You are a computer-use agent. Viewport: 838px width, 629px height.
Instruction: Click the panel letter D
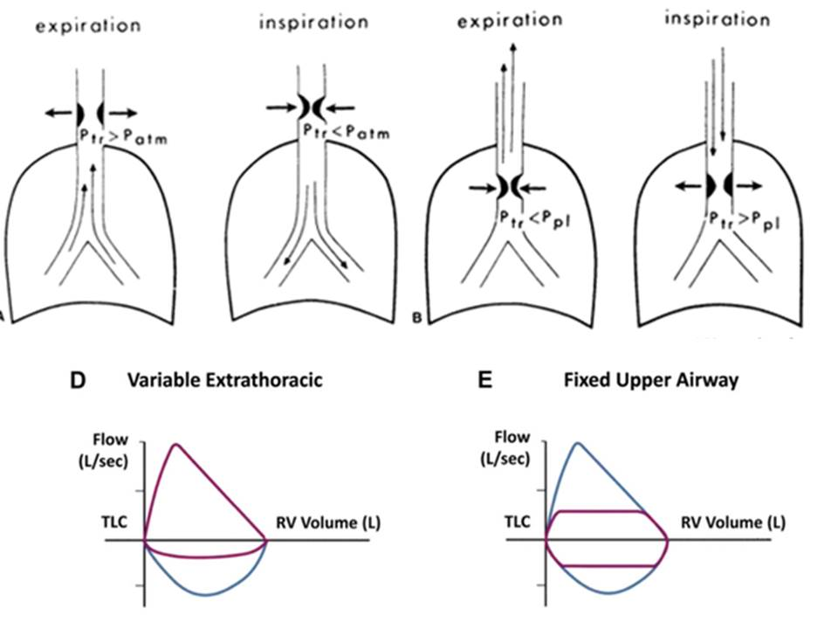point(78,380)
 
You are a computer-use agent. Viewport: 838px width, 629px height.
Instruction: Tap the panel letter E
point(484,380)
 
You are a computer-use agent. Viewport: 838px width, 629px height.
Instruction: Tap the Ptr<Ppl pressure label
point(533,219)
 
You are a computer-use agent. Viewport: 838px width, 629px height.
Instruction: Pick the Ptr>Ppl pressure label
point(743,220)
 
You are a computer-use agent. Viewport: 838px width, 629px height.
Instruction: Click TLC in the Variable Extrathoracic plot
point(114,522)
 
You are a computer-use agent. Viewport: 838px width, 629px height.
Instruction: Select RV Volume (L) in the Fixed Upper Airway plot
point(733,522)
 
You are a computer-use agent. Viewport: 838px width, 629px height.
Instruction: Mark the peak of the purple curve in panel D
point(175,445)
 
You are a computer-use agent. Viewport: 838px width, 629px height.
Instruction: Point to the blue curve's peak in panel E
point(577,443)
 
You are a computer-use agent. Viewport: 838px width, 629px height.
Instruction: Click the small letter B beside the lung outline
point(416,318)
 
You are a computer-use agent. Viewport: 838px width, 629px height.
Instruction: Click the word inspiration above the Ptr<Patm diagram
point(314,21)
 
